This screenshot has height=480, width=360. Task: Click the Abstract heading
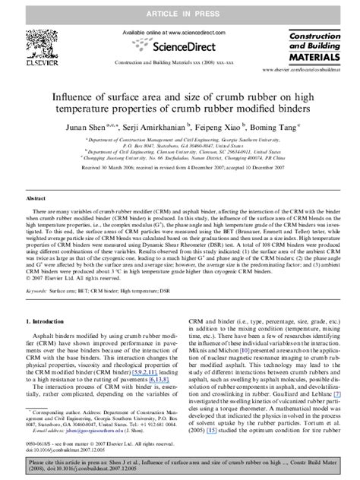[x=37, y=196]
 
